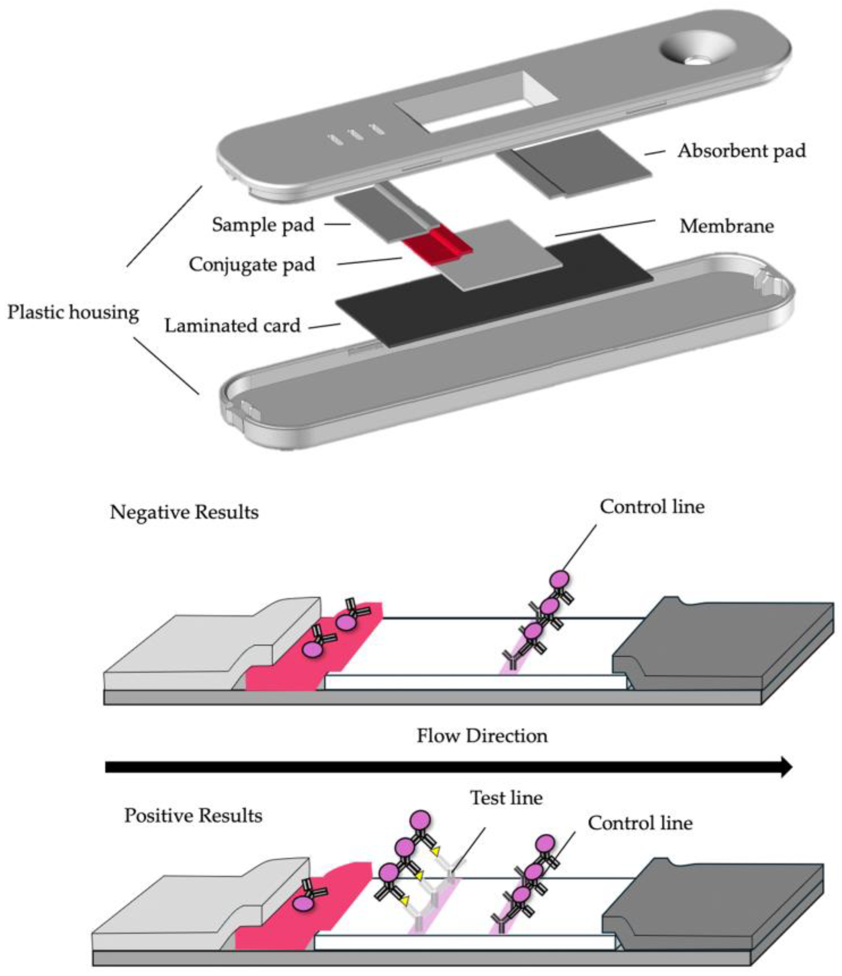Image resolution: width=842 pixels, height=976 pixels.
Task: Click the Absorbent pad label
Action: pyautogui.click(x=741, y=151)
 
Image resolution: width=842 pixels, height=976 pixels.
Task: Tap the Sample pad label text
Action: pyautogui.click(x=263, y=225)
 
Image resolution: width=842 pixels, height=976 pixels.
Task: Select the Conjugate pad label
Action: pyautogui.click(x=252, y=265)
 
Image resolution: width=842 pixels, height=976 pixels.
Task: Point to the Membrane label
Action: pyautogui.click(x=726, y=227)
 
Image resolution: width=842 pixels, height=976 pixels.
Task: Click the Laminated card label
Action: pyautogui.click(x=232, y=326)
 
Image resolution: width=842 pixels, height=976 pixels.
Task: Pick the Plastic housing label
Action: pyautogui.click(x=73, y=312)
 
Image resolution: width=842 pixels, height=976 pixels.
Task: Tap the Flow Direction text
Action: pyautogui.click(x=482, y=736)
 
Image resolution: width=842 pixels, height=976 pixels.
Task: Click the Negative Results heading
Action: pyautogui.click(x=184, y=513)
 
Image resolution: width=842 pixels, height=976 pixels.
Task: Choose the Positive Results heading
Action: pyautogui.click(x=193, y=816)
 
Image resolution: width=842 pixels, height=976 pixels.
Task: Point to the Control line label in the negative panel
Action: pyautogui.click(x=652, y=507)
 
